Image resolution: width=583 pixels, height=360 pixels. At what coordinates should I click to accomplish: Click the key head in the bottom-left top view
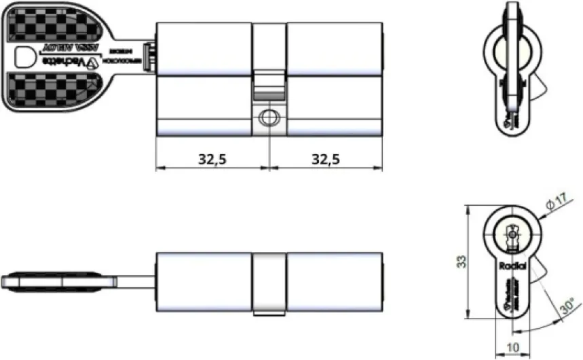[41, 281]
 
